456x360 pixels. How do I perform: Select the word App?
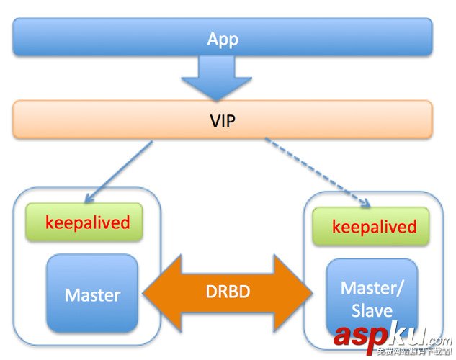tap(223, 38)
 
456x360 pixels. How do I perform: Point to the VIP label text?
tap(223, 120)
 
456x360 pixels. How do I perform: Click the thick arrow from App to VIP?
tap(222, 76)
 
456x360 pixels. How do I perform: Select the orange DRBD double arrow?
tap(228, 292)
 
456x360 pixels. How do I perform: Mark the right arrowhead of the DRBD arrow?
tap(301, 292)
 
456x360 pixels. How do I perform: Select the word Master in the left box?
tap(92, 294)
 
